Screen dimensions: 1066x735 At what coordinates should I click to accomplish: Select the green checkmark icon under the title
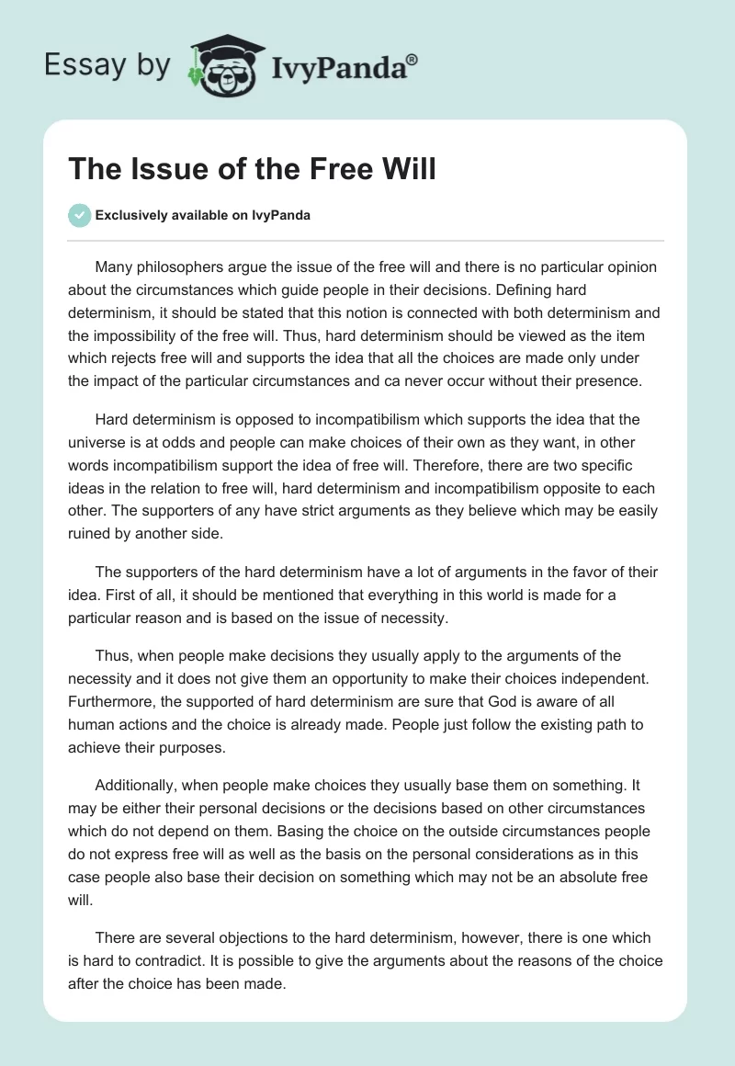coord(78,216)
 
